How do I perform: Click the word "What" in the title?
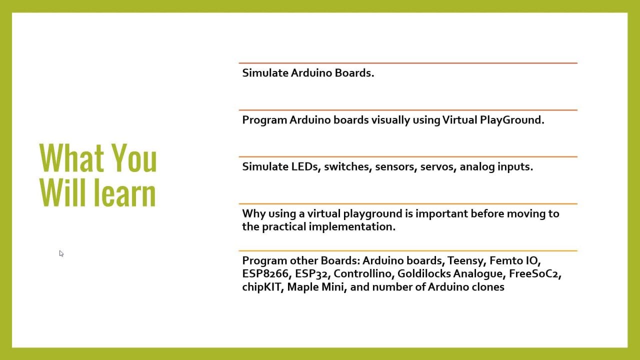(71, 157)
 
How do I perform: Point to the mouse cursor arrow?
(61, 253)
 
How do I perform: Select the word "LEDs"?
(304, 166)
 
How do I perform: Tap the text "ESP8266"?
(265, 273)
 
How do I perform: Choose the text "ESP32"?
(311, 274)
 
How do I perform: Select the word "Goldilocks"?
(423, 273)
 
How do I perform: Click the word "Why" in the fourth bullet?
(254, 214)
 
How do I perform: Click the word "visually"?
(390, 120)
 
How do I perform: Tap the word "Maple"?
(302, 287)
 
